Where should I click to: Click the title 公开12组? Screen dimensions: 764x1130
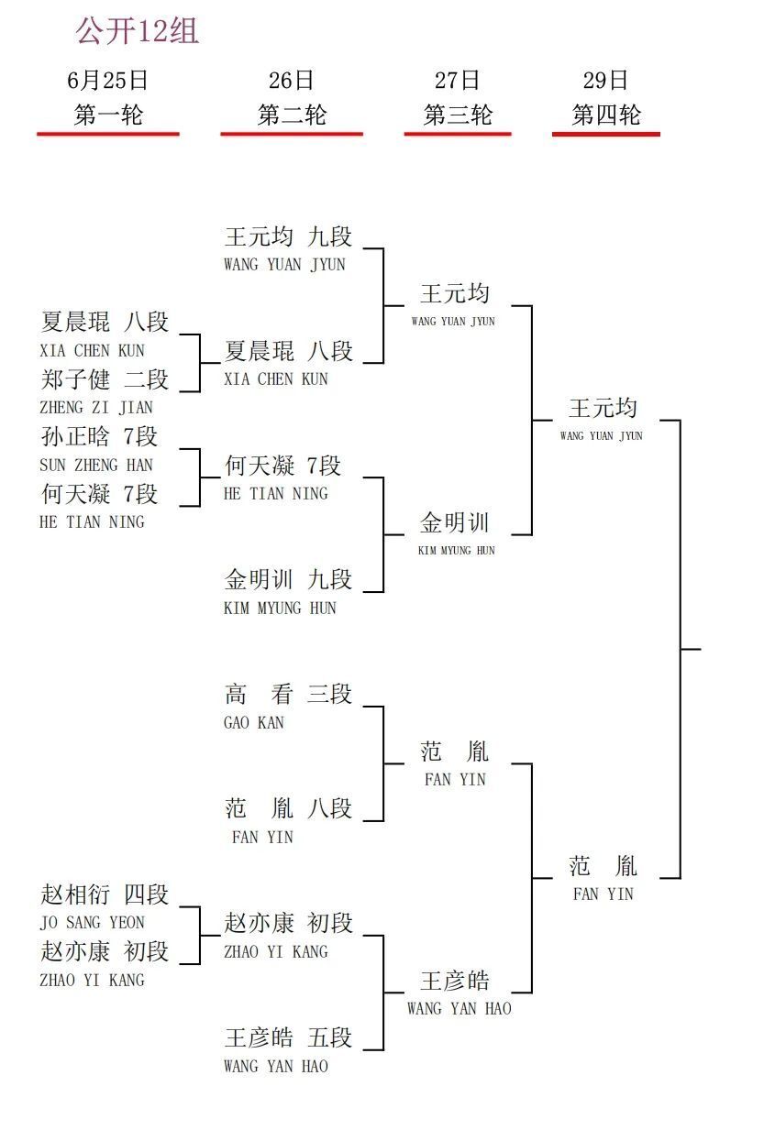(x=137, y=31)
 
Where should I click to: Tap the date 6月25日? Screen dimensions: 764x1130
(x=107, y=81)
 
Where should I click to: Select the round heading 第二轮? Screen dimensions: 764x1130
(x=292, y=115)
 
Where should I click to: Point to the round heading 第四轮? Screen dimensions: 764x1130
(x=606, y=115)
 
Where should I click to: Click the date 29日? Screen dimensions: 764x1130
(x=605, y=81)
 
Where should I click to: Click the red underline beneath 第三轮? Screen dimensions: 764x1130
(x=458, y=134)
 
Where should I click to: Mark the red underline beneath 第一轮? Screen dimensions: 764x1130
(x=108, y=134)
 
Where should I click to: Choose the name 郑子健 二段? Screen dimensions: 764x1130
(x=105, y=379)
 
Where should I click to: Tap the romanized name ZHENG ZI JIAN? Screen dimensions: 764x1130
(x=96, y=407)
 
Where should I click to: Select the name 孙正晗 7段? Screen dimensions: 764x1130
(x=99, y=436)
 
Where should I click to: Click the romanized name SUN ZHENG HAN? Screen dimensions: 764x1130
(x=96, y=465)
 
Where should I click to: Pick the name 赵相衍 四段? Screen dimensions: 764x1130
(x=105, y=894)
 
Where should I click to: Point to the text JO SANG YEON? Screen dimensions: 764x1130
(x=93, y=922)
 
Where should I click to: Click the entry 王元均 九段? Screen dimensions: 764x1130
(x=288, y=236)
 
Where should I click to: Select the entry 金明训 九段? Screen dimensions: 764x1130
(x=288, y=579)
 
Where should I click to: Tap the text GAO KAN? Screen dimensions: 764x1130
(x=254, y=722)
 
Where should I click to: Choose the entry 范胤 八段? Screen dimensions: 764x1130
(x=288, y=808)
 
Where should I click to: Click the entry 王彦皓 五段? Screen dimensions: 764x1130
(x=288, y=1037)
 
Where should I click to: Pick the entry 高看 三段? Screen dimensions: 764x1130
(x=288, y=694)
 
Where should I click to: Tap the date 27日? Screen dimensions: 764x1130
(x=457, y=81)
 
